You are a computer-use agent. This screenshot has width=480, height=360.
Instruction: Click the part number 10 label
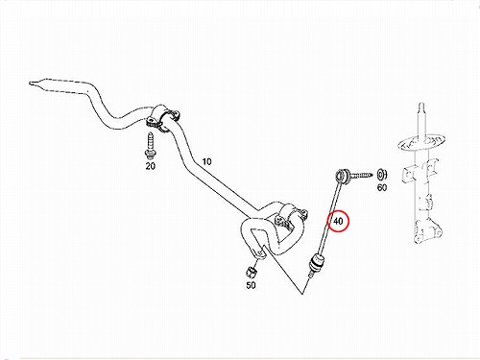click(207, 161)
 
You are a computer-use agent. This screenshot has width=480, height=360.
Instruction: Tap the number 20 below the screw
click(151, 166)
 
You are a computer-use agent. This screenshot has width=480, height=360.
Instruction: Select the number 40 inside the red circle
click(338, 221)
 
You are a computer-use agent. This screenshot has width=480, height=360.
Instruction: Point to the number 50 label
click(251, 285)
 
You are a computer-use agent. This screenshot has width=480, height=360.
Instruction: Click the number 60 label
click(382, 187)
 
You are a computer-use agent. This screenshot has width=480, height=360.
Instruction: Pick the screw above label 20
click(150, 146)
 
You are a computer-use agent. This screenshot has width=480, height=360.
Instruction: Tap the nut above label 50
click(252, 273)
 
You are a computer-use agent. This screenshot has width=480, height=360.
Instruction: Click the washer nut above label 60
click(382, 176)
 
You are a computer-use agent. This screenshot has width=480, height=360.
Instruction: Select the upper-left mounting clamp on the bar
click(162, 118)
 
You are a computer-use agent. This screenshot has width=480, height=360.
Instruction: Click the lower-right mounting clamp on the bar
click(290, 217)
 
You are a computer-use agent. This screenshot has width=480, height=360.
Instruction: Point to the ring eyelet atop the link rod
click(342, 175)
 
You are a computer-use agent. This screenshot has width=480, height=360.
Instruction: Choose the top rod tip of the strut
click(421, 105)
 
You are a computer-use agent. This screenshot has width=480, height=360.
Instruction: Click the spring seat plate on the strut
click(421, 142)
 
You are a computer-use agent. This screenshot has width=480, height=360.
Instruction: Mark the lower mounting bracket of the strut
click(428, 231)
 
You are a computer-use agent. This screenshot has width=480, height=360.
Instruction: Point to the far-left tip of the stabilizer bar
click(30, 84)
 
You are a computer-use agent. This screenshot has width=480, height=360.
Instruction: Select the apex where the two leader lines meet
click(301, 294)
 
